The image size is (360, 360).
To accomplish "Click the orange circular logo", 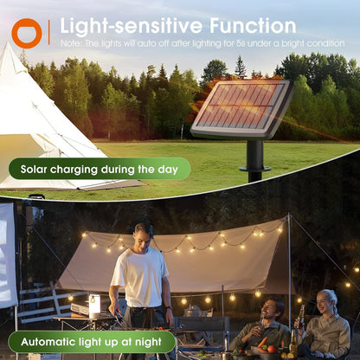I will (26, 32).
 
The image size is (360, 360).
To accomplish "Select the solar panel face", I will (241, 106).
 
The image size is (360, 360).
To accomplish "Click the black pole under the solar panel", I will (254, 159).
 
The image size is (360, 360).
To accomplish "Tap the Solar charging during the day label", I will (99, 169).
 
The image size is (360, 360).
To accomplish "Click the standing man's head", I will (145, 234).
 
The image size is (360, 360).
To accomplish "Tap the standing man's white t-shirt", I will (141, 277).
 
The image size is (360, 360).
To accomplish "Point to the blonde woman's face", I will (326, 302).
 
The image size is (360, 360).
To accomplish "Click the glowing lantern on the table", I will (93, 305).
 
